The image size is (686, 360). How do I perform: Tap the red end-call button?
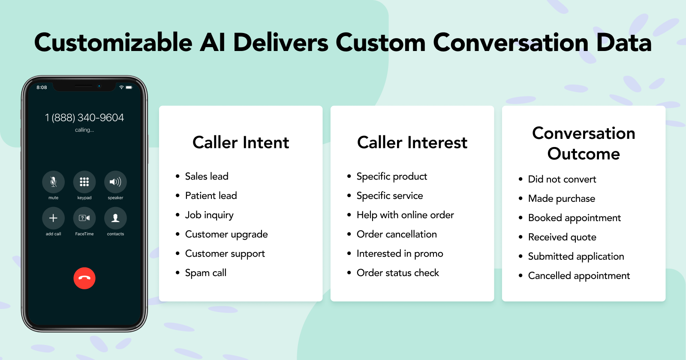coord(84,278)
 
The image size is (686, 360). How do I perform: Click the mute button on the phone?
coord(53,182)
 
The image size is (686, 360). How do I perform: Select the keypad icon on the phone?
coord(84,182)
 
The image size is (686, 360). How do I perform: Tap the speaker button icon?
coord(115,182)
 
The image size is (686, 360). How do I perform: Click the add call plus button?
coord(53,218)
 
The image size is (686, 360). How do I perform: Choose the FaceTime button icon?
coord(84,218)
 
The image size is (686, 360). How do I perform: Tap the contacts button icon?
coord(115,218)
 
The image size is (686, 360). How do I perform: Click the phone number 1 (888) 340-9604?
coord(84,117)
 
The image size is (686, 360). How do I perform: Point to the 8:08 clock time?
coord(42,87)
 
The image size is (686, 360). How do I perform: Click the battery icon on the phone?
coord(129,87)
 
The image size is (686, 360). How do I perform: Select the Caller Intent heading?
coord(241,142)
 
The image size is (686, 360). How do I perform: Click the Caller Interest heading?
coord(412,142)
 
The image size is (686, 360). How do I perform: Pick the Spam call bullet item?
coord(206,273)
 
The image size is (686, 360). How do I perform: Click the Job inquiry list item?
coord(210,215)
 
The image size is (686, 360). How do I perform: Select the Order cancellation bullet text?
coord(397,234)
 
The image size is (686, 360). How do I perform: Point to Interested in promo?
coord(400,253)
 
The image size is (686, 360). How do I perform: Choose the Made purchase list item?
coord(562,198)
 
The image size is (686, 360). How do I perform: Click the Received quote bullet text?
coord(562,237)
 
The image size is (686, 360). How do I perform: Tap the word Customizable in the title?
coord(113,42)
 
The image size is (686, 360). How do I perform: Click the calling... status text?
coord(84,130)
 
